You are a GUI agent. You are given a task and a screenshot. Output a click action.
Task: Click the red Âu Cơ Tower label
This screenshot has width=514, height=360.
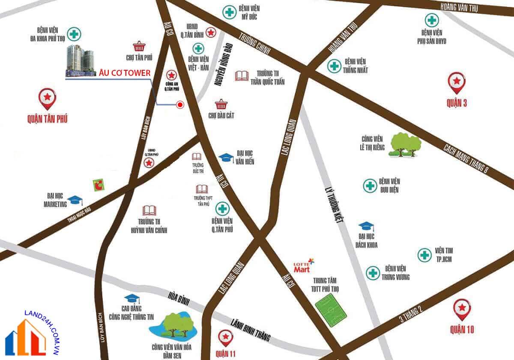[x=125, y=73]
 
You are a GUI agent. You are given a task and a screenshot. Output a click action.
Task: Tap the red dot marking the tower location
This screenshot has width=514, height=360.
[x=180, y=104]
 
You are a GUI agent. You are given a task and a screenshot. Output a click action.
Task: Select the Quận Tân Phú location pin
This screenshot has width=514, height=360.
[x=47, y=99]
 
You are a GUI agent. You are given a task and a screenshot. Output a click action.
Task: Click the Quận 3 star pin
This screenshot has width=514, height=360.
[x=456, y=82]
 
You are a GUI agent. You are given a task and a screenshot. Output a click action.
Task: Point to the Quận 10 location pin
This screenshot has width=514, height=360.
[x=462, y=309]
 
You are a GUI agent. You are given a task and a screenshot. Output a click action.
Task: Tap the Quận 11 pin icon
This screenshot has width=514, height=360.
[x=225, y=338]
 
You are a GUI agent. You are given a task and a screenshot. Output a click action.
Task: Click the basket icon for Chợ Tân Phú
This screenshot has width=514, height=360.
[x=138, y=46]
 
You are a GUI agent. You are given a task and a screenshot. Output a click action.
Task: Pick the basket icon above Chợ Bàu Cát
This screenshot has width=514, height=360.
[x=221, y=104]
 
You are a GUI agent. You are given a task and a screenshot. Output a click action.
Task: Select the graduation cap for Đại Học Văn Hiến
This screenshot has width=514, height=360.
[x=226, y=158]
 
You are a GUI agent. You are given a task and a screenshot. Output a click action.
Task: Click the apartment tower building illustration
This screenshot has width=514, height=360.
[x=80, y=61]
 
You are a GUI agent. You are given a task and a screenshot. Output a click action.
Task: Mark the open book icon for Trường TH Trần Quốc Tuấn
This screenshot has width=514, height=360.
[x=242, y=76]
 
